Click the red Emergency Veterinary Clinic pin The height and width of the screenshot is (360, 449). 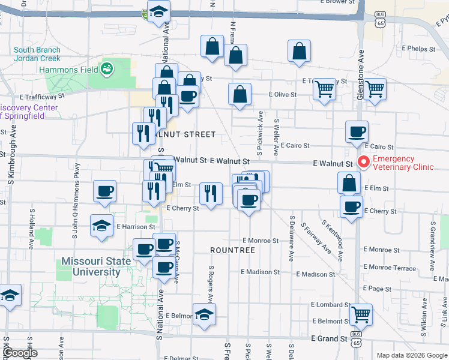click(363, 161)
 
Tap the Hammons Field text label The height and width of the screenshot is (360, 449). click(68, 70)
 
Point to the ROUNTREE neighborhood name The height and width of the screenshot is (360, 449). click(232, 250)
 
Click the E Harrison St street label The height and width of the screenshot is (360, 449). click(136, 227)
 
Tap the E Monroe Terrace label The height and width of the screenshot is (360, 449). click(390, 268)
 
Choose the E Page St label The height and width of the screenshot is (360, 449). click(377, 289)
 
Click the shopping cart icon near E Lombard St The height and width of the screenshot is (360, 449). click(360, 313)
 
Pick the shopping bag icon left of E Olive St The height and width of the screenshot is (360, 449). click(240, 94)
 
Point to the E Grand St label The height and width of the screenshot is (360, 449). click(329, 339)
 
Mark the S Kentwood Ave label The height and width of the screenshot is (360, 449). click(332, 240)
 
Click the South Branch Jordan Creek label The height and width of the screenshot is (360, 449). click(37, 54)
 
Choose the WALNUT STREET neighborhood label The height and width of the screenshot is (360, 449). click(182, 134)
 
